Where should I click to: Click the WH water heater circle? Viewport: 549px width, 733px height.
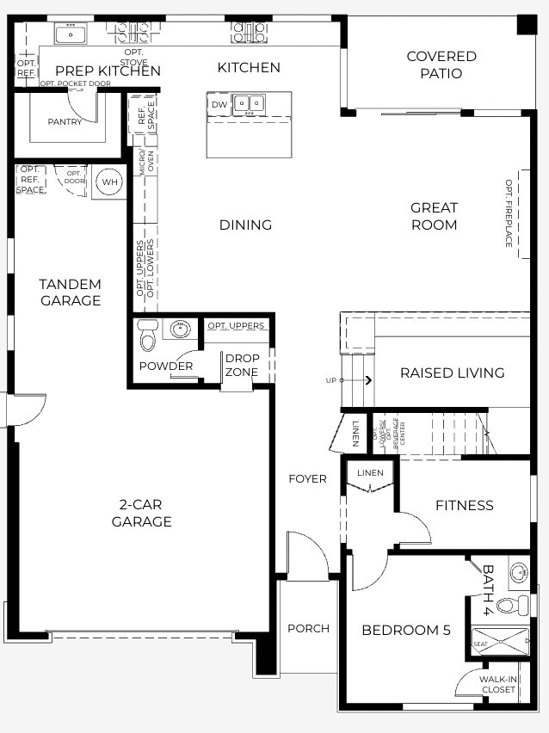[109, 182]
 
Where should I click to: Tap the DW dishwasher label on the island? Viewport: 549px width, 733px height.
[219, 104]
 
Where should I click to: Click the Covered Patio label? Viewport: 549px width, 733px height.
[441, 65]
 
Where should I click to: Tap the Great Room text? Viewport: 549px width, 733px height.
[434, 216]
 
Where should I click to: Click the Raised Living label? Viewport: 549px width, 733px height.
[452, 373]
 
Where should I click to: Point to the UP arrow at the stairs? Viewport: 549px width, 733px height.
[367, 379]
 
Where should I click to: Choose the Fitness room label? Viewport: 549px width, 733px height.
[465, 505]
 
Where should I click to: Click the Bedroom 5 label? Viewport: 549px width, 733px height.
[405, 630]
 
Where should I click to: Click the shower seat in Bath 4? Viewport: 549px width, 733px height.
[480, 644]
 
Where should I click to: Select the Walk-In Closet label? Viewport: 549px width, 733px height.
[499, 684]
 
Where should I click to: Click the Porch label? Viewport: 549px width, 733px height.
[308, 628]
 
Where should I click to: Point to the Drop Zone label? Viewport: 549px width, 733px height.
[243, 364]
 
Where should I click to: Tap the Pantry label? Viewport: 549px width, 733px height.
[65, 121]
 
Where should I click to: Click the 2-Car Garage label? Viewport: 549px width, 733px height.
[141, 513]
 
